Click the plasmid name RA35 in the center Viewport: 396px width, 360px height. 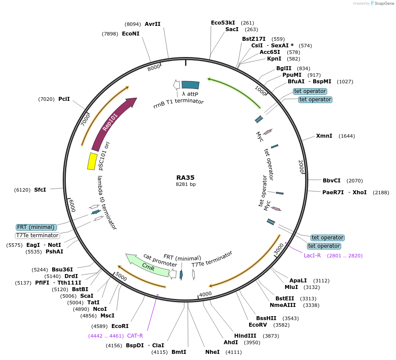click(185, 178)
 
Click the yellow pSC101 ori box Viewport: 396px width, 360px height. click(92, 161)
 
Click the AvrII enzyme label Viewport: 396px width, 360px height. click(153, 24)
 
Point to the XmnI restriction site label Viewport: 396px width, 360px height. click(324, 136)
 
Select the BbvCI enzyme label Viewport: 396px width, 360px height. click(332, 180)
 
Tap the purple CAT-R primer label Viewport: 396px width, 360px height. click(135, 336)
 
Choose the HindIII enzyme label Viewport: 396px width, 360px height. click(245, 336)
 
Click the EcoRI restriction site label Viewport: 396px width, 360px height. click(120, 326)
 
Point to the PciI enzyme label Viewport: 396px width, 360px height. click(64, 99)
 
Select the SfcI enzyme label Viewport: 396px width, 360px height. click(40, 190)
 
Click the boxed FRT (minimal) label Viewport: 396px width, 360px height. click(36, 227)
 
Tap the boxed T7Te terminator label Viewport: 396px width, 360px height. click(37, 235)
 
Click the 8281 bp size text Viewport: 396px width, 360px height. click(186, 185)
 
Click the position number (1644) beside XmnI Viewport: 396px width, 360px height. click(347, 136)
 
